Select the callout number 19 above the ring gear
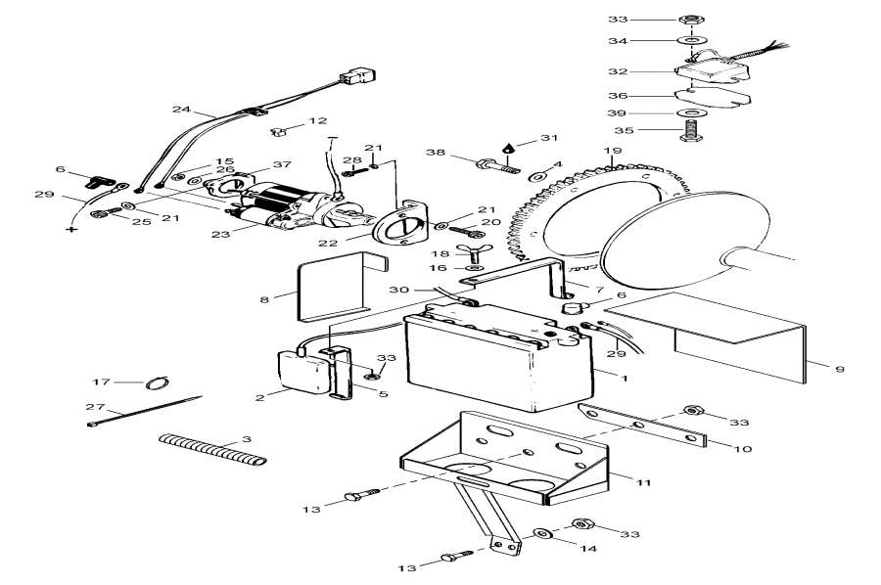613,151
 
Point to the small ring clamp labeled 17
159,382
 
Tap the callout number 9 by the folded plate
839,369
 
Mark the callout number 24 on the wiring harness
180,110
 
